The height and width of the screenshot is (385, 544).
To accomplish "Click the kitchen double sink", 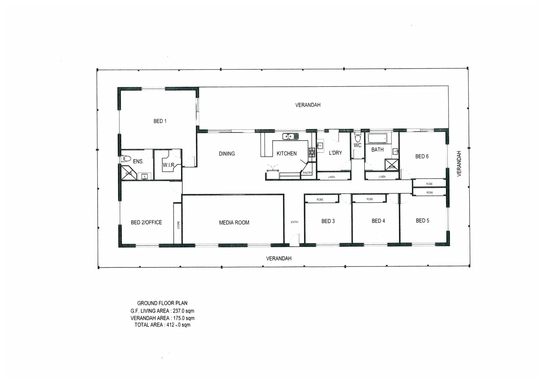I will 290,136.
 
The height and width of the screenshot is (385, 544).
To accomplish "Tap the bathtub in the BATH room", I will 377,138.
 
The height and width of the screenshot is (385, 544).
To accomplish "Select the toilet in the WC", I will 357,138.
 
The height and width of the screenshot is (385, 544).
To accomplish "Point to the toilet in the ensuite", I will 126,158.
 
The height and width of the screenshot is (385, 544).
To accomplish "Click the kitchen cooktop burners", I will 312,152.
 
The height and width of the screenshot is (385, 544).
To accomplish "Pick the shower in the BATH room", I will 391,165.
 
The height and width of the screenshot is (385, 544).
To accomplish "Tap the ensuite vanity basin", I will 145,176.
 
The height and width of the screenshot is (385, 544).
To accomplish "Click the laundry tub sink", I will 320,145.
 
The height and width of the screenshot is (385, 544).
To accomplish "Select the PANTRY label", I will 307,173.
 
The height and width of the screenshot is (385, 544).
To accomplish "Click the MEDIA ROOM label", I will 234,222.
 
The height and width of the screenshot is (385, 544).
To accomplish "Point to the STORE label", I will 178,225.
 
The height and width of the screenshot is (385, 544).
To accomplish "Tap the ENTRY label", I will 294,222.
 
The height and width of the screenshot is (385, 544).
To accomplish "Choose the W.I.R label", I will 168,165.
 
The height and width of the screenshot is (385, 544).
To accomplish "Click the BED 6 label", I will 422,156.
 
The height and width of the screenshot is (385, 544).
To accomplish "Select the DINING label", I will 227,154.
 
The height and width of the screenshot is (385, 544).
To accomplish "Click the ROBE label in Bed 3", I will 320,200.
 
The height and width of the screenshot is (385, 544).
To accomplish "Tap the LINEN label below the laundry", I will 331,177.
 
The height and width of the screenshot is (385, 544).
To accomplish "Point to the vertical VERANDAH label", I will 459,163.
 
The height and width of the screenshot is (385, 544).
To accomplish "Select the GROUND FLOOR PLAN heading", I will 162,303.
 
